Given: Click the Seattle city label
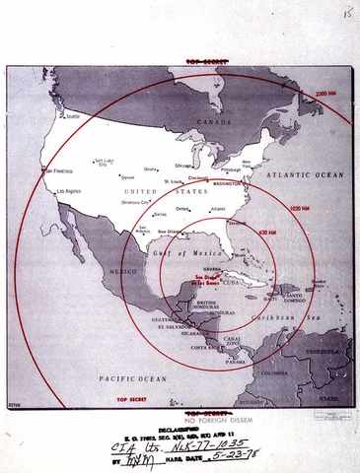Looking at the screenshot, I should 71,114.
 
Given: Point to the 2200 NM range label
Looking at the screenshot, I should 325,94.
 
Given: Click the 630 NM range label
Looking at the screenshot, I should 266,234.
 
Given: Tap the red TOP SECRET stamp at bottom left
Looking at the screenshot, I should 131,399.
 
